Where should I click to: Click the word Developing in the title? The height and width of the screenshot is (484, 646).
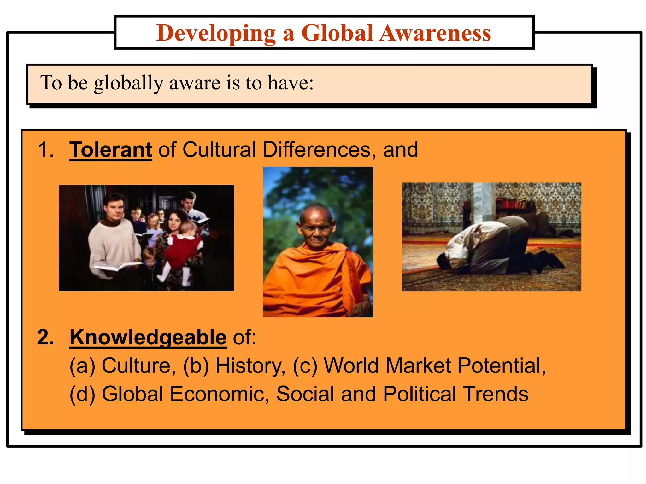(x=216, y=33)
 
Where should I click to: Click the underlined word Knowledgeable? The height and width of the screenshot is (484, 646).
(x=148, y=337)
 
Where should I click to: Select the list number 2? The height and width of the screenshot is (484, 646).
(x=45, y=337)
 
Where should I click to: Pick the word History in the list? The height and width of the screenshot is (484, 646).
(x=250, y=366)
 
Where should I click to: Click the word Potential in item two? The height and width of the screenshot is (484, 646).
(x=501, y=366)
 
